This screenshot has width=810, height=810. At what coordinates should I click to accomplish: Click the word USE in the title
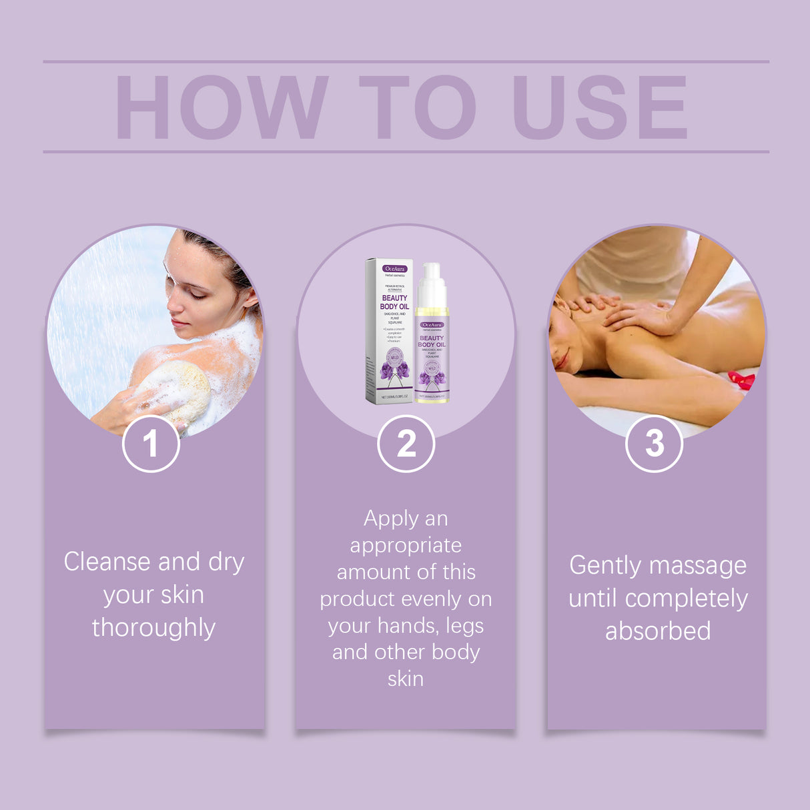[598, 107]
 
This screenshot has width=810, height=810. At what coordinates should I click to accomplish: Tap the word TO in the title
[417, 107]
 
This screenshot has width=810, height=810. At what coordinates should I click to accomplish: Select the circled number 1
[151, 444]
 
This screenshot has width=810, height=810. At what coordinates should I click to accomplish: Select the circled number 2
[406, 444]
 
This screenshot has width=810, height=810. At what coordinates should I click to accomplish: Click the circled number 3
[654, 444]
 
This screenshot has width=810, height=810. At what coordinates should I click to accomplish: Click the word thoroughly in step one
[153, 628]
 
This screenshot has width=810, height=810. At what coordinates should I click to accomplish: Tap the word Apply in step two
[391, 519]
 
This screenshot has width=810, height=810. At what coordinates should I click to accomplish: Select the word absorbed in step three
[657, 631]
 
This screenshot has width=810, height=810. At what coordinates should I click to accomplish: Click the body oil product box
[390, 331]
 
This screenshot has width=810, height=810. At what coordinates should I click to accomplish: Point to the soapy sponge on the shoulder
[175, 390]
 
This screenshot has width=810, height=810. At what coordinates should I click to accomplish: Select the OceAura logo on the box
[394, 268]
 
